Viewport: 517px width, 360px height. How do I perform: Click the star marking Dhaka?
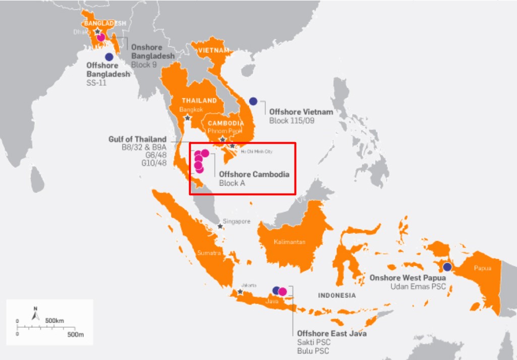point(97,31)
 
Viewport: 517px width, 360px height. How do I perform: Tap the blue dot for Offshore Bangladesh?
point(109,57)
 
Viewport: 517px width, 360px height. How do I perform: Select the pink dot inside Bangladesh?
point(101,37)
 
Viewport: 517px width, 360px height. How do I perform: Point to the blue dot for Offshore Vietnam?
point(253,101)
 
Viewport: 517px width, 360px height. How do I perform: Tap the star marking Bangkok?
point(188,118)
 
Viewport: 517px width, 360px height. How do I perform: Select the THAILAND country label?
point(199,100)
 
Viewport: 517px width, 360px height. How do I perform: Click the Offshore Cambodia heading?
point(254,174)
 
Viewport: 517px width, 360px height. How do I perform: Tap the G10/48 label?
point(154,164)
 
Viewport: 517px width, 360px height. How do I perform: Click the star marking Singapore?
point(220,226)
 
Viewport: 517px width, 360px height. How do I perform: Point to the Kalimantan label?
point(290,242)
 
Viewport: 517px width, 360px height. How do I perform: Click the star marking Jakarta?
point(241,291)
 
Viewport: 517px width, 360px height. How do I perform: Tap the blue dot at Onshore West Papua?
point(447,267)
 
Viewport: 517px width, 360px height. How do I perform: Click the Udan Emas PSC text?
point(417,286)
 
